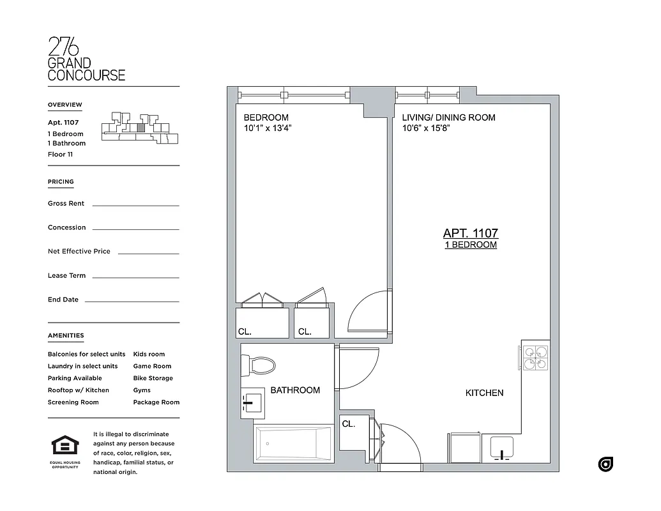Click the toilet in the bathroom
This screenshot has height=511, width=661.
click(x=259, y=366)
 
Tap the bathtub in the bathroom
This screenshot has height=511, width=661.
click(x=293, y=443)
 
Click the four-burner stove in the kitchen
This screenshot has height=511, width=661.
click(x=535, y=358)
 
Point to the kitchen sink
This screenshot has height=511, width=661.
click(x=502, y=447)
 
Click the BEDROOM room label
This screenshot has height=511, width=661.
click(x=266, y=118)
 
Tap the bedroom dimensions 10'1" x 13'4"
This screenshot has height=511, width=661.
click(x=268, y=128)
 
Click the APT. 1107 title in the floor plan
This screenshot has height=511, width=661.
click(x=471, y=234)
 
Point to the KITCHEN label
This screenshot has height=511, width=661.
click(x=484, y=393)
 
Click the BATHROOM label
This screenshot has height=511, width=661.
click(x=295, y=390)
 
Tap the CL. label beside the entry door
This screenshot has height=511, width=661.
click(x=348, y=423)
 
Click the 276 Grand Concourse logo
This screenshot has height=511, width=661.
click(x=86, y=59)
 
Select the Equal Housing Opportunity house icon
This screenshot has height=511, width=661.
click(x=65, y=445)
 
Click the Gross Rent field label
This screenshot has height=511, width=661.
click(x=66, y=203)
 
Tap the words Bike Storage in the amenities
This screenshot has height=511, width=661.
click(x=153, y=378)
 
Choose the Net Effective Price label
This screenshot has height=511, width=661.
click(x=79, y=251)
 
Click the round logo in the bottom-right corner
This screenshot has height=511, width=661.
click(x=605, y=464)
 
